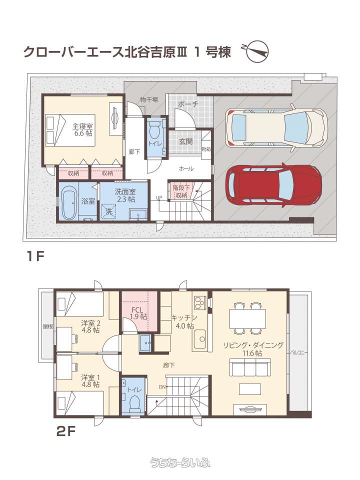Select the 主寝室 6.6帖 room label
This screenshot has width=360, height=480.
click(82, 129)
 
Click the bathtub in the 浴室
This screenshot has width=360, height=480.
click(68, 201)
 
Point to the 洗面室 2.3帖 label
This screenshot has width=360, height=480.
click(125, 195)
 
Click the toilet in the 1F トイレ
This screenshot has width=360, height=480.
click(154, 131)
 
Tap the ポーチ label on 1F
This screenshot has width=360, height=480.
click(188, 104)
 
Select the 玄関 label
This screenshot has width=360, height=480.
click(185, 141)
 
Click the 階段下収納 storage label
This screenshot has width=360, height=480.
click(180, 191)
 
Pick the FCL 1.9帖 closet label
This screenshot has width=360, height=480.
click(138, 313)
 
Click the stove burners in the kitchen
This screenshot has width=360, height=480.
click(199, 302)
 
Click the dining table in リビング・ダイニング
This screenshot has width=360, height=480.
click(247, 318)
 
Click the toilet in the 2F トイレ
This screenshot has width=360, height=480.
click(134, 403)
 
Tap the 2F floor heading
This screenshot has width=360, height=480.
click(66, 431)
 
